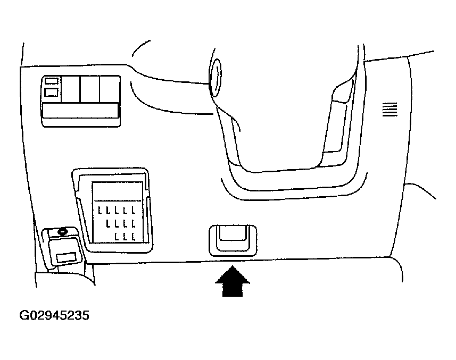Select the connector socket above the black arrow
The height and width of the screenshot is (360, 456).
point(231,239)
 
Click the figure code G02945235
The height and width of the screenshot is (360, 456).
point(54,316)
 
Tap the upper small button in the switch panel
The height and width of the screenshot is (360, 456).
point(52,81)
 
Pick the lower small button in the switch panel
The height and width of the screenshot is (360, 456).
point(52,93)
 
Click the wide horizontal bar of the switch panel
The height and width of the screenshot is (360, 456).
point(80,111)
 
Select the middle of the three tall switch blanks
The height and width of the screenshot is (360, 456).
point(89,89)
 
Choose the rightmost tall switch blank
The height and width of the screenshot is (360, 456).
point(109,89)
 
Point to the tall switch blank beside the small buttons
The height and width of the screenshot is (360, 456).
point(70,89)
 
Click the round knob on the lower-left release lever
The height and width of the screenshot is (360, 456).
point(63,231)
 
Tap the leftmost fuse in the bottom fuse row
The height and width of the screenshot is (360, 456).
point(116,235)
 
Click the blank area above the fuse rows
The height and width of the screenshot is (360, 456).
point(118,191)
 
